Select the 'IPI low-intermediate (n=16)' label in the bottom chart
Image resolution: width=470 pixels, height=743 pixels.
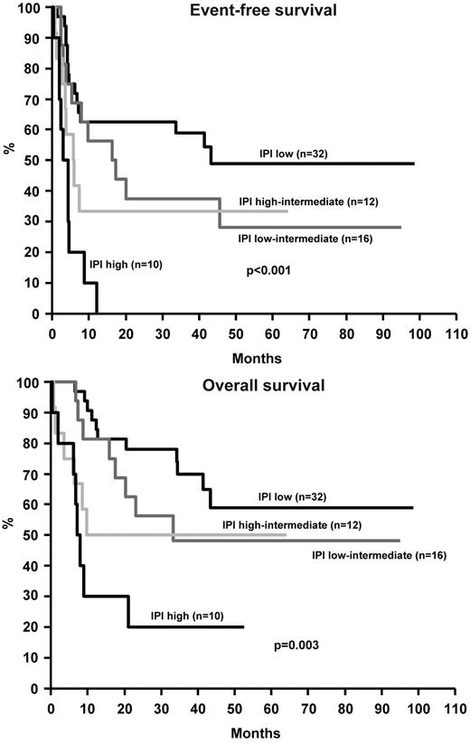click(x=379, y=555)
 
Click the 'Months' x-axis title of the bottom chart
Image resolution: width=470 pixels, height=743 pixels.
click(x=254, y=731)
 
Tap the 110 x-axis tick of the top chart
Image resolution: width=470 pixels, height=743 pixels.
click(x=456, y=331)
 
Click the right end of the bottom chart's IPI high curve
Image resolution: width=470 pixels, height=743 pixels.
click(x=243, y=626)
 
